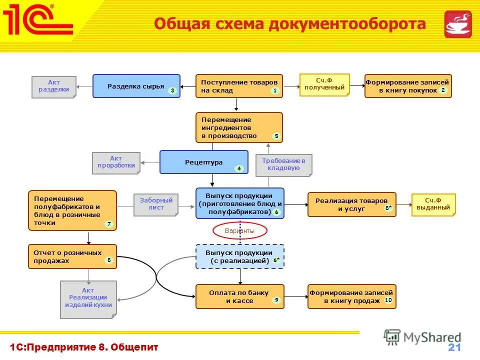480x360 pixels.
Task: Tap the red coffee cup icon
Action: tap(457, 24)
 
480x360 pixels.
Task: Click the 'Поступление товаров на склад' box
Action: tap(238, 86)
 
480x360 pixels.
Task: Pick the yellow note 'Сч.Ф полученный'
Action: tap(324, 84)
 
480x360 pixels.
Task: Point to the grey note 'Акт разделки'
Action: tap(54, 86)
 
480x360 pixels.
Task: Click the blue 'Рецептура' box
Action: tap(203, 162)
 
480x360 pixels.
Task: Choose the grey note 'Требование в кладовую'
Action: tap(283, 164)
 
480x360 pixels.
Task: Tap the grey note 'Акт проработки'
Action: tap(116, 162)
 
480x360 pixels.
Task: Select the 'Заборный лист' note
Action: tap(155, 204)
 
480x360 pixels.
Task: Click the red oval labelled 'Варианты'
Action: tap(240, 230)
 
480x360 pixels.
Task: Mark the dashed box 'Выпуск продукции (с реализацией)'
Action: tap(239, 256)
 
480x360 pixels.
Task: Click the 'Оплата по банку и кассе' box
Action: tap(239, 296)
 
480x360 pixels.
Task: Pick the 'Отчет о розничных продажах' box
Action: tap(72, 256)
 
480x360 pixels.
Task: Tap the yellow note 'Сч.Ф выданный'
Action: tap(433, 204)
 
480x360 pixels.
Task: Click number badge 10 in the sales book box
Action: tap(388, 300)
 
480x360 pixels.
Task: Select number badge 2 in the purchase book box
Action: tap(442, 90)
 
